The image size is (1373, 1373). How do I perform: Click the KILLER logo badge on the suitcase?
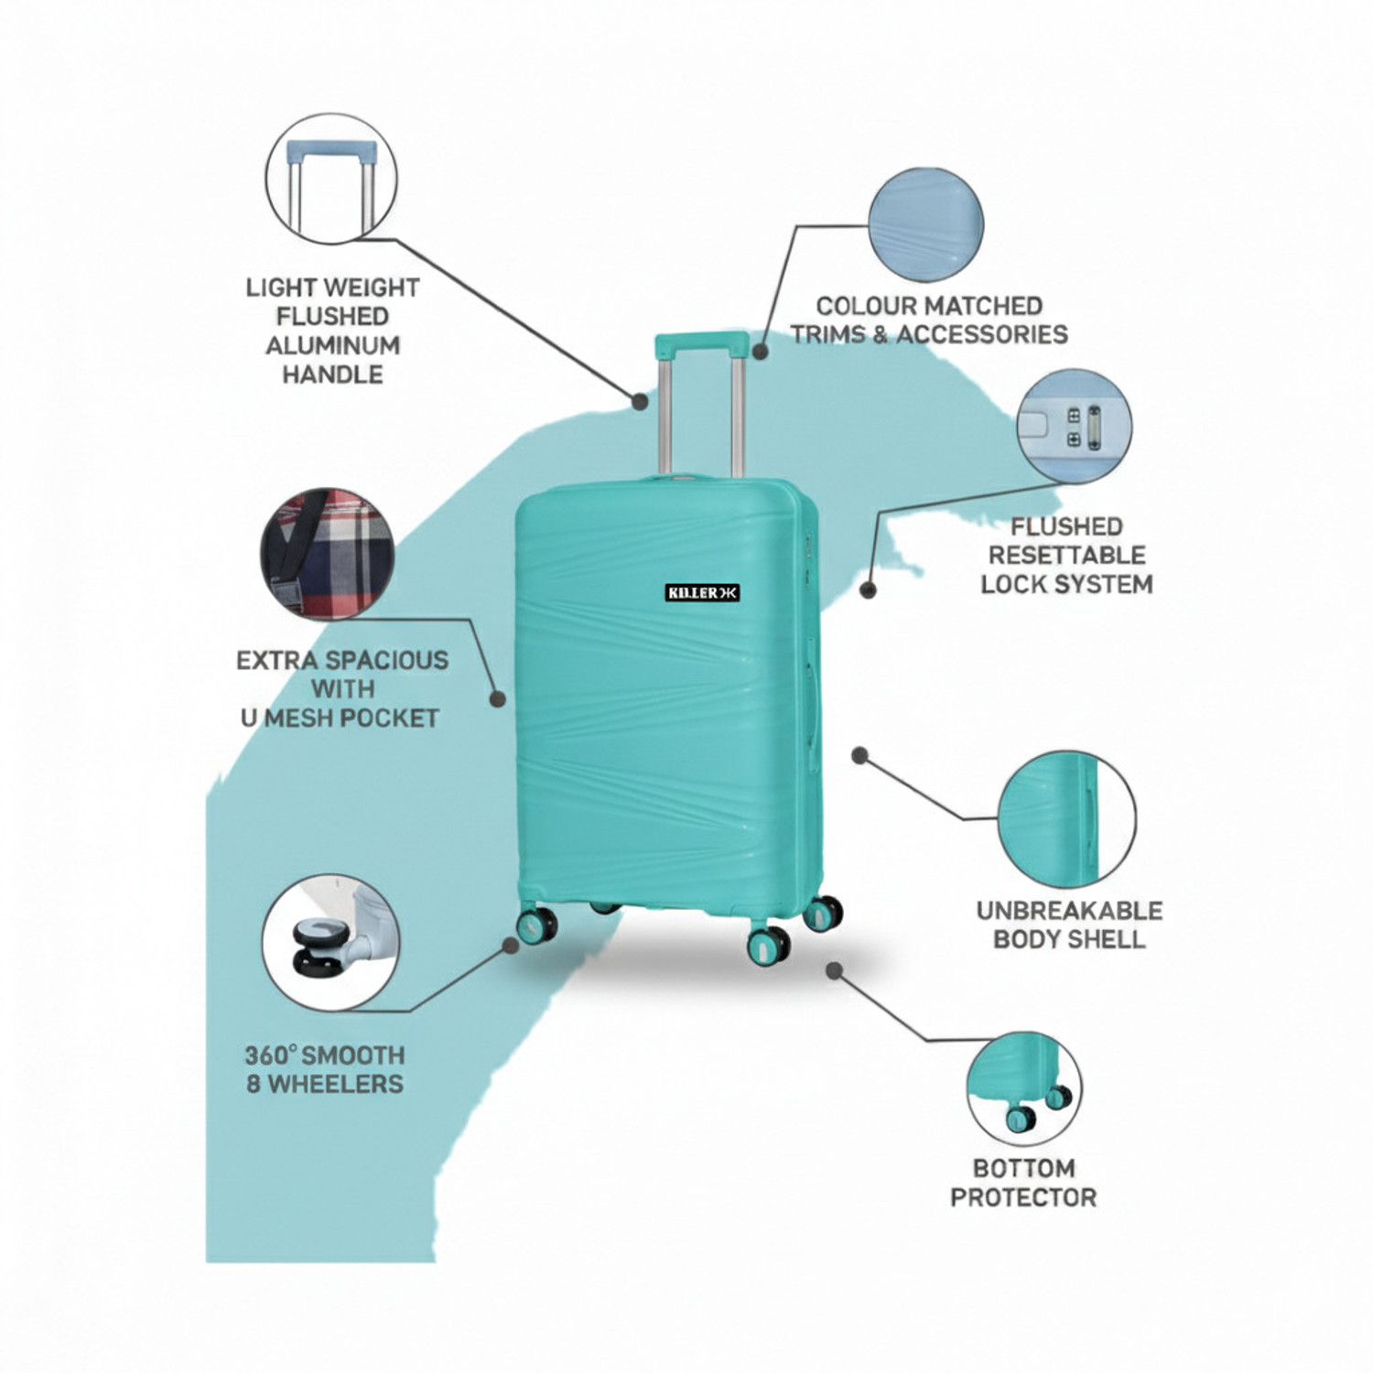(702, 593)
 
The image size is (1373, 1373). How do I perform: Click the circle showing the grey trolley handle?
(331, 179)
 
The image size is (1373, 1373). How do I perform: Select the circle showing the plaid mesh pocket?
(328, 554)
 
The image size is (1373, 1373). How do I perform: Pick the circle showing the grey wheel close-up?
(330, 943)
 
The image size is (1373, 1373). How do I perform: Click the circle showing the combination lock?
(1075, 426)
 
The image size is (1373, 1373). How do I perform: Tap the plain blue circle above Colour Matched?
(925, 223)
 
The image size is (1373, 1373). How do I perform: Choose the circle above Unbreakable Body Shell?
(1066, 819)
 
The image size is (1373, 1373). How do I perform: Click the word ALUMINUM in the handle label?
(332, 346)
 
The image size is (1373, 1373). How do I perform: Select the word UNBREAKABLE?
(1069, 911)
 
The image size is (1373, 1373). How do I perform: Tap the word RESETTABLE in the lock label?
(1066, 556)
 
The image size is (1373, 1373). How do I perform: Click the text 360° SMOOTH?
(324, 1055)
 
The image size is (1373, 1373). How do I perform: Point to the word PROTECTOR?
(1023, 1197)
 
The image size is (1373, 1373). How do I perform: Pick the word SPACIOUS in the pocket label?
(387, 661)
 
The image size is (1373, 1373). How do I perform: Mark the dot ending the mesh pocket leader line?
(498, 699)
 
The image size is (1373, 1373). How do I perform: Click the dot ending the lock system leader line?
(868, 590)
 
